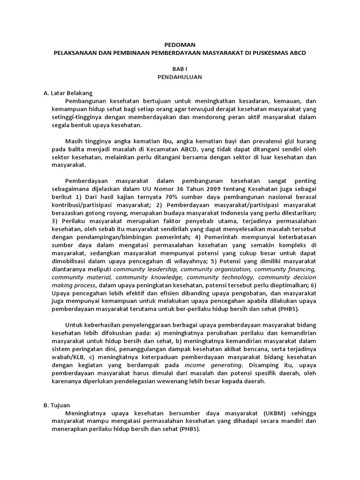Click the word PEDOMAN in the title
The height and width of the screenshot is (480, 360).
point(180,45)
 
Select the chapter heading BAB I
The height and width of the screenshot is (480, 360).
point(180,68)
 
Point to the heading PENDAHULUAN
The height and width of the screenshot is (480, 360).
point(180,76)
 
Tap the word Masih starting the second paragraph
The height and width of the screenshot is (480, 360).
point(74,142)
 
